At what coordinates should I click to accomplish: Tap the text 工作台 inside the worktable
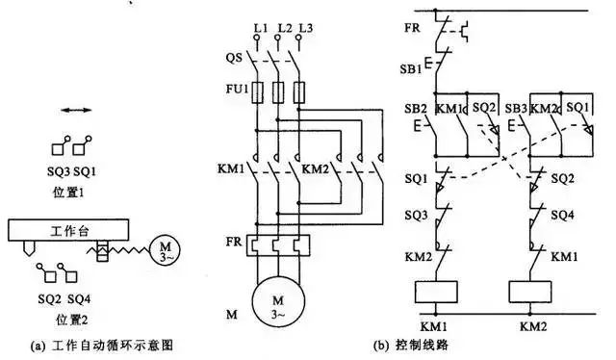(68, 232)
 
